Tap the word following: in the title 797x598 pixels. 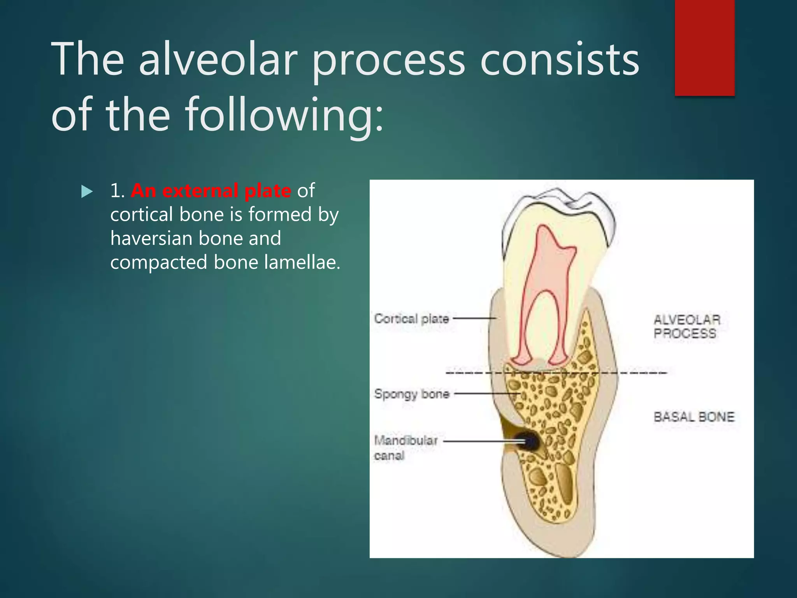(x=284, y=115)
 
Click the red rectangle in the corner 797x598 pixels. (x=704, y=47)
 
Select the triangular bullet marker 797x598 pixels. (x=87, y=192)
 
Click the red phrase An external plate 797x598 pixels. (x=211, y=191)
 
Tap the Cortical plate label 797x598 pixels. (x=411, y=319)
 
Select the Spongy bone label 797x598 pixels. (x=412, y=394)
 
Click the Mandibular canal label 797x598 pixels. (x=406, y=448)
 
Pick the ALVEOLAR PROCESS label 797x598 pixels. (x=686, y=326)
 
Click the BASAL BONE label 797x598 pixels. (x=693, y=417)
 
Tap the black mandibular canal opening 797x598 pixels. (x=529, y=442)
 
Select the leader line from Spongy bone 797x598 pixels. (x=486, y=394)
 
